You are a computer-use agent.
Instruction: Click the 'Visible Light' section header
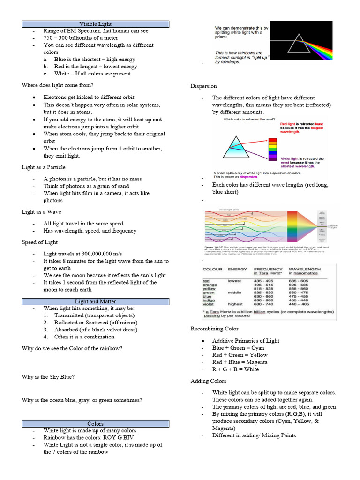(95, 23)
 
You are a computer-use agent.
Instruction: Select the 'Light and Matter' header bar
(95, 301)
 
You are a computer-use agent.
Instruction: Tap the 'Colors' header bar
(95, 423)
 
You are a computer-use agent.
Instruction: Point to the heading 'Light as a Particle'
(44, 167)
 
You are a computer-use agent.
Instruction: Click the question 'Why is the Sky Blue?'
(48, 377)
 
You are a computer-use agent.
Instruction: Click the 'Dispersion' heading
(203, 86)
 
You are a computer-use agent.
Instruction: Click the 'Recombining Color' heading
(214, 329)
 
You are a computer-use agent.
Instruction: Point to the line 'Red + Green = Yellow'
(240, 355)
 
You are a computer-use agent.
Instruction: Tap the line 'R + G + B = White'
(235, 369)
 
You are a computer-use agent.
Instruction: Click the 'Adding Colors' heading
(208, 381)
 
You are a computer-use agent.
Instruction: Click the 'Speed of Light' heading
(40, 242)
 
